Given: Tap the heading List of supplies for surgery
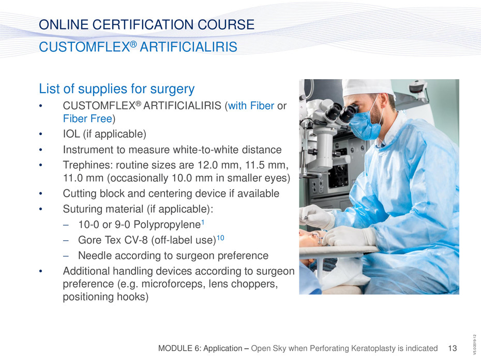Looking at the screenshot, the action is point(116,88).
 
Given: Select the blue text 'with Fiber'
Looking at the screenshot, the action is point(251,106).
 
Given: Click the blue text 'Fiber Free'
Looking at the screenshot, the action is point(87,118).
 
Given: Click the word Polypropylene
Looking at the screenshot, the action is point(167,224).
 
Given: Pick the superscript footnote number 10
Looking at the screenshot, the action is point(220,237).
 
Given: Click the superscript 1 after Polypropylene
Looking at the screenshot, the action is point(202,222).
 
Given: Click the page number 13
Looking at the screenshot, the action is point(452,348).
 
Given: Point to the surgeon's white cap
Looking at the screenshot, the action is point(368,88).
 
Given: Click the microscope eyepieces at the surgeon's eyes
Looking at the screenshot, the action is point(341,112).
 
